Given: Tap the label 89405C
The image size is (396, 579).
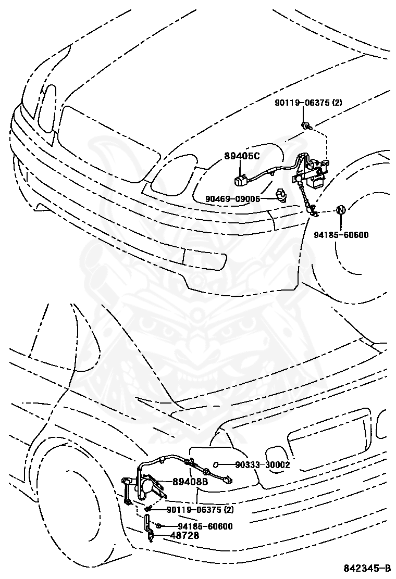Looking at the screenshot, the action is pos(242,156).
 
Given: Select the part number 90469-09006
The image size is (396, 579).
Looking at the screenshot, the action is pos(233,199).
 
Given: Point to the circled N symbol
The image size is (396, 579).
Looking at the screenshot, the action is pos(340,209).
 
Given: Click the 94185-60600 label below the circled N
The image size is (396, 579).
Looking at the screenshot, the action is pos(341,234).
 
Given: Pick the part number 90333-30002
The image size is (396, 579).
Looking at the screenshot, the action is pos(263,464).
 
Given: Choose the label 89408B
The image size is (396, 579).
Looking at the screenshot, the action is pos(190,482).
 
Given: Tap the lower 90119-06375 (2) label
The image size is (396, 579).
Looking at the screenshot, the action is pos(200,510).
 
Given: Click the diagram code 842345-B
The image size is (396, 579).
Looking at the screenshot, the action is pos(367,568).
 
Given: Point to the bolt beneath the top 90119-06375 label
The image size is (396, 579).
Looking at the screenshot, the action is pos(306,125).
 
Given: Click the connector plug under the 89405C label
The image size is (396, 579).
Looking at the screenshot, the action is pos(240,180).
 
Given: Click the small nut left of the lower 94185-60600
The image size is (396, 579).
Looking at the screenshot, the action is pos(158,526).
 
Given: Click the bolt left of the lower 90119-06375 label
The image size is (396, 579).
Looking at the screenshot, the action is pos(147,509).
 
